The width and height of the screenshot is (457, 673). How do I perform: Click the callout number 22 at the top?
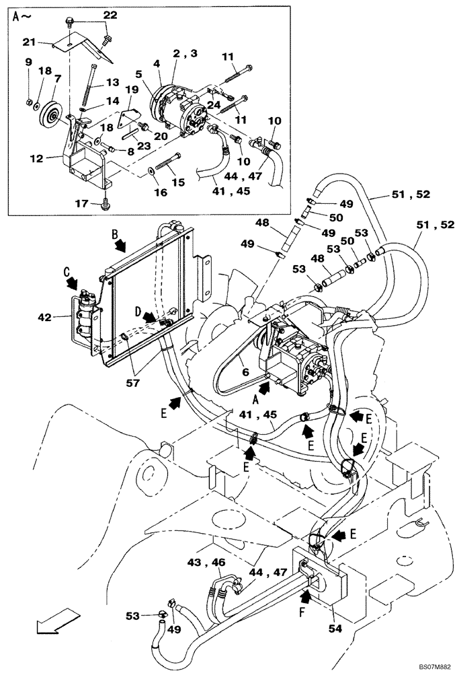[110, 15]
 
